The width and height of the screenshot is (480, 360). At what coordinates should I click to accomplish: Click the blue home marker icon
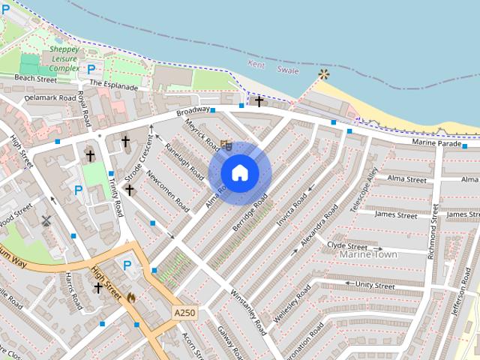239,172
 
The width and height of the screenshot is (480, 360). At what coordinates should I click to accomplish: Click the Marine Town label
367,255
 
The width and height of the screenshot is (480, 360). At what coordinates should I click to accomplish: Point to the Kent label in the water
256,65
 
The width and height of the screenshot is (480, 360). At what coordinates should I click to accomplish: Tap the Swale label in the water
288,70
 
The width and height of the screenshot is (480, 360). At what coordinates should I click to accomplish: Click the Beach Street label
36,78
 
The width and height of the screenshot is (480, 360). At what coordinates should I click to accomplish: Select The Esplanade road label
114,85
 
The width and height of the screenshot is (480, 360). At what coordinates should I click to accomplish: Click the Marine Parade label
436,142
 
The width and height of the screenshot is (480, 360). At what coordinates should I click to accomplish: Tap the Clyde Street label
347,245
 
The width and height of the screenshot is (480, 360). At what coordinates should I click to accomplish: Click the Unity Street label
375,285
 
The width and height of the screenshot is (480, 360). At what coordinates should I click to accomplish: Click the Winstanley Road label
248,312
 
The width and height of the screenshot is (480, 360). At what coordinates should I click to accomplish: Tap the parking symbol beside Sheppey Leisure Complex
91,69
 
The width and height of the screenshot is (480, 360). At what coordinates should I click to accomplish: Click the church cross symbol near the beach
259,101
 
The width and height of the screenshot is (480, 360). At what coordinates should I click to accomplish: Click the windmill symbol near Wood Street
46,220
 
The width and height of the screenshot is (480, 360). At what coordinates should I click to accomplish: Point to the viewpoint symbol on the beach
323,74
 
